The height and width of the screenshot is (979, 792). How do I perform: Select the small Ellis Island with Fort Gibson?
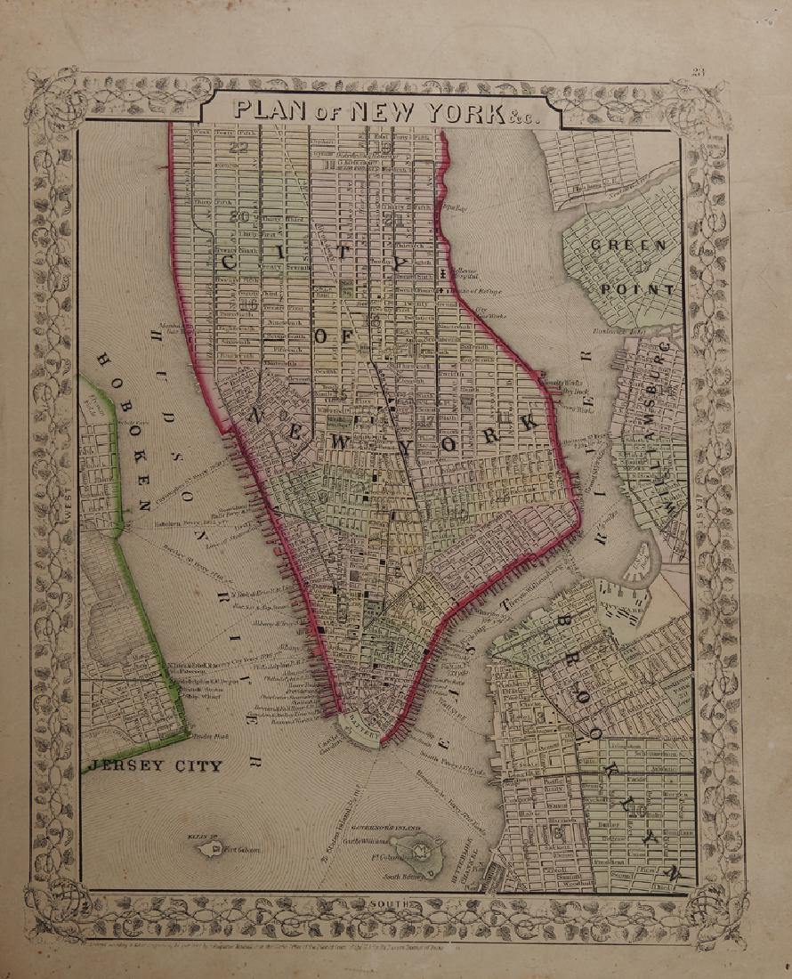pos(214,849)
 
